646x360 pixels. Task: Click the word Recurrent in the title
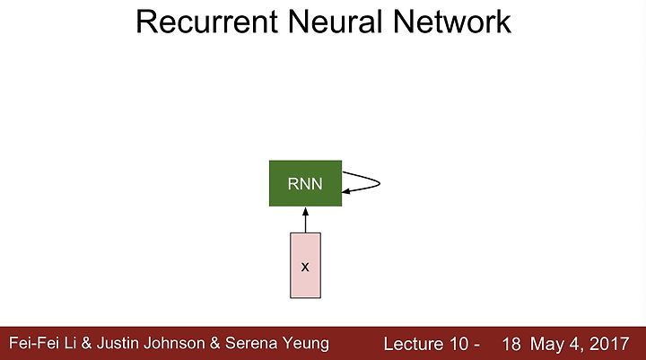pyautogui.click(x=207, y=22)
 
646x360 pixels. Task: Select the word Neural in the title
pyautogui.click(x=335, y=22)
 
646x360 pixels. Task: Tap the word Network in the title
pyautogui.click(x=452, y=22)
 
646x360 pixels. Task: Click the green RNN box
pyautogui.click(x=305, y=183)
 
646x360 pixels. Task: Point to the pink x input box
pyautogui.click(x=305, y=265)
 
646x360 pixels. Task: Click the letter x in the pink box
pyautogui.click(x=305, y=268)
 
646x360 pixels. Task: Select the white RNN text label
pyautogui.click(x=305, y=184)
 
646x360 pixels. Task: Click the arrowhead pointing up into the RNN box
pyautogui.click(x=305, y=212)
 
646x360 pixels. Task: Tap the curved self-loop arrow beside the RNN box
pyautogui.click(x=380, y=183)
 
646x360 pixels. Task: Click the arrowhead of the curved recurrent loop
pyautogui.click(x=346, y=191)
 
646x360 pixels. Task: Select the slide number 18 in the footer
pyautogui.click(x=511, y=344)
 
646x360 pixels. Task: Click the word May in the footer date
pyautogui.click(x=546, y=345)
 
